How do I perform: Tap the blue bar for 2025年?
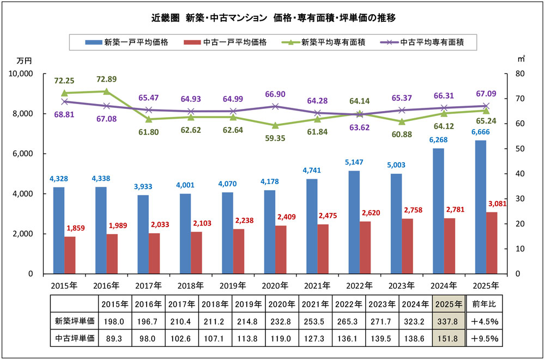[x=480, y=207]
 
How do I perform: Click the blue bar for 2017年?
[x=143, y=234]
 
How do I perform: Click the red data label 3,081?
[x=498, y=204]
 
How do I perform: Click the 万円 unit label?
[x=25, y=60]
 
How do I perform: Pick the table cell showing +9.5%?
[x=485, y=338]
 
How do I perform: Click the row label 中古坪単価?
[x=74, y=338]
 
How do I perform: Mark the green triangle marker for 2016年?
[x=106, y=91]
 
